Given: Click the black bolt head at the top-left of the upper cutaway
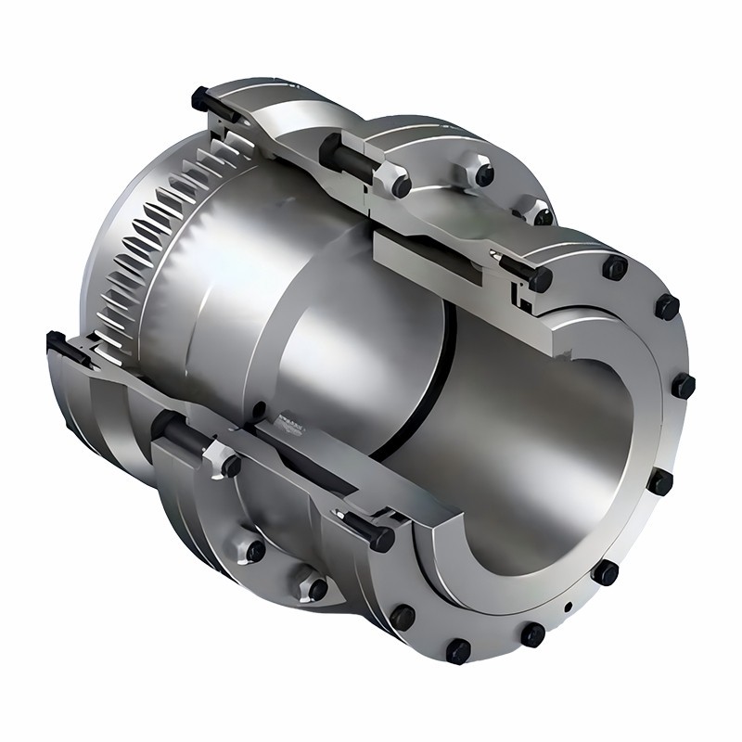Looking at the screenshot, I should point(199,96).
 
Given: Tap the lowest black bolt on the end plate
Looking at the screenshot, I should point(458,651).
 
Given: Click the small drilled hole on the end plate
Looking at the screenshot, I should point(567,609).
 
